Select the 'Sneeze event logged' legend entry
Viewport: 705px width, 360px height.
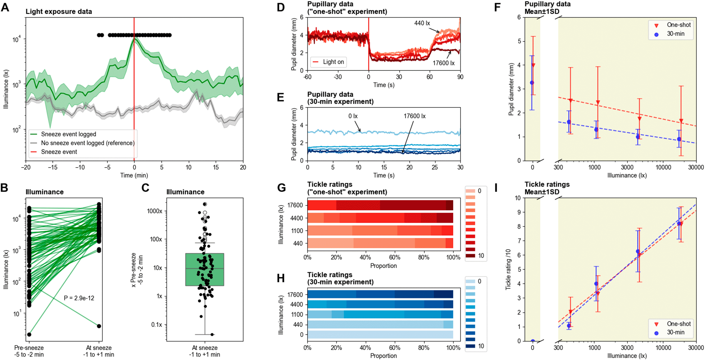(69, 134)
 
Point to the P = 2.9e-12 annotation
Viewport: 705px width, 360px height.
(79, 298)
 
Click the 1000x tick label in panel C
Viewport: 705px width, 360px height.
(154, 211)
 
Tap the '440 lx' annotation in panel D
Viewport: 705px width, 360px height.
(422, 23)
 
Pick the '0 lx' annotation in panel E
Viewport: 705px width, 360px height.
(353, 116)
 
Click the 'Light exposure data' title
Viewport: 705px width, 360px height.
(59, 12)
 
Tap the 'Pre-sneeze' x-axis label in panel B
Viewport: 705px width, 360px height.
(29, 348)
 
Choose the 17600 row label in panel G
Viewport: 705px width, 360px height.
(295, 205)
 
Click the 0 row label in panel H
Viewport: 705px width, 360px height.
(301, 335)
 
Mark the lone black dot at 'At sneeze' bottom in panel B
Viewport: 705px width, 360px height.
(99, 326)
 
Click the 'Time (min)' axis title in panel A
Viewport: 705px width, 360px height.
(134, 176)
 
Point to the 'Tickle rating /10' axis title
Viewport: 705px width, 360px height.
(508, 269)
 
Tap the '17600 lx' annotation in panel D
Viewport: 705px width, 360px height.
(444, 63)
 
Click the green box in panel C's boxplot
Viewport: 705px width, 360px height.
(204, 270)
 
